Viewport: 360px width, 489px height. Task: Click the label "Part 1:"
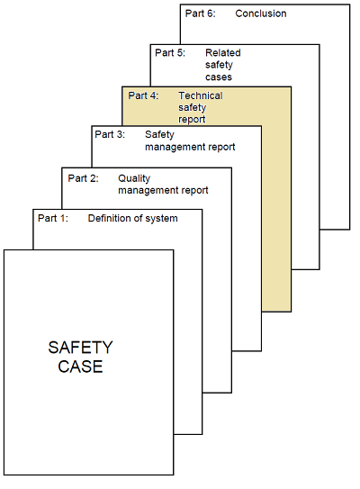53,218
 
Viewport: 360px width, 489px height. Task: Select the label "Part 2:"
83,178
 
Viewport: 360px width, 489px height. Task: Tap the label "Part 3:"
110,134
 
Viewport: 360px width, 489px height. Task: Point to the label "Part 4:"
143,95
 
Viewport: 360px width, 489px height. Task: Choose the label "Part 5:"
170,53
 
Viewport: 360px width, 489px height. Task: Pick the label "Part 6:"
201,14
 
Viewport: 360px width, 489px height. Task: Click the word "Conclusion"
261,14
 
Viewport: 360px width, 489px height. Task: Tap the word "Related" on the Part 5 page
223,53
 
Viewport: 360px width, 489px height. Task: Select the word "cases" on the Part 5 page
219,77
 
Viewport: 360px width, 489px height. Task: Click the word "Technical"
201,95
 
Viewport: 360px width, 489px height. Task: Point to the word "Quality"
134,178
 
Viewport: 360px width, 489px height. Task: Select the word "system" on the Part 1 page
161,219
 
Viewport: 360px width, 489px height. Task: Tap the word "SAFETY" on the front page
80,348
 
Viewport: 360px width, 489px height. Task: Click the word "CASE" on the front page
80,367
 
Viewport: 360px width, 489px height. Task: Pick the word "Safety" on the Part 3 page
159,135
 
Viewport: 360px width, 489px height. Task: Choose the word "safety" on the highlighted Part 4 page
193,107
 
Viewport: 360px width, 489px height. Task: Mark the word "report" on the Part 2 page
194,191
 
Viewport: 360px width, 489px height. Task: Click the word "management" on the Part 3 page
175,147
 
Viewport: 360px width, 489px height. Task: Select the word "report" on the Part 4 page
192,120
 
